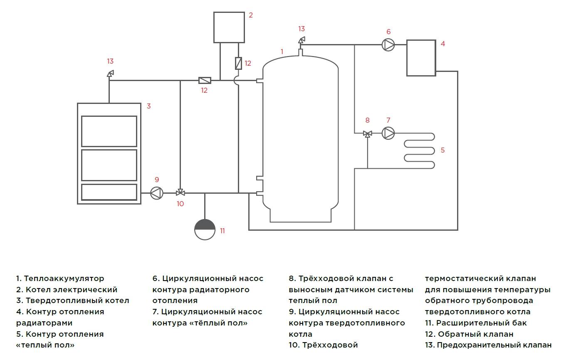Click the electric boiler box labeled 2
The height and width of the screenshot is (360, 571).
[x=229, y=27]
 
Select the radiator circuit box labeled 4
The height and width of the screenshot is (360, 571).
[x=421, y=58]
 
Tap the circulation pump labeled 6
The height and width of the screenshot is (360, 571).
[x=388, y=44]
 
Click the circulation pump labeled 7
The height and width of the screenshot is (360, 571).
[x=388, y=133]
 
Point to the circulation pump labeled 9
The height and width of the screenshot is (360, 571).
[x=156, y=193]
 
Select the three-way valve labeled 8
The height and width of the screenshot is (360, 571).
[x=368, y=133]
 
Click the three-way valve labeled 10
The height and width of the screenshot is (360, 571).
[x=180, y=192]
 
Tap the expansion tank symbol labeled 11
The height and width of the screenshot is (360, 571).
[x=205, y=229]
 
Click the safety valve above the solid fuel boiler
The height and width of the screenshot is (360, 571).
[x=110, y=74]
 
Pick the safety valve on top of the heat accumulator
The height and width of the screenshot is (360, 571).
[x=302, y=40]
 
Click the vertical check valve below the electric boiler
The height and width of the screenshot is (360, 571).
[x=239, y=63]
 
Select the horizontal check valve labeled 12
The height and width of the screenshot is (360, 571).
[x=205, y=80]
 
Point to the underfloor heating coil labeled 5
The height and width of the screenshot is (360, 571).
[x=419, y=150]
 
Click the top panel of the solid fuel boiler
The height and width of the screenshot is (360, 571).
[x=109, y=131]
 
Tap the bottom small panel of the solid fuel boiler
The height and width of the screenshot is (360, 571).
[x=109, y=192]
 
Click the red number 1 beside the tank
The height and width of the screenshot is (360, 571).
[x=282, y=52]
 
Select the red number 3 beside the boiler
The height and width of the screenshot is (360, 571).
[x=148, y=106]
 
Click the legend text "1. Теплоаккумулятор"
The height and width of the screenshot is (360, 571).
[x=60, y=279]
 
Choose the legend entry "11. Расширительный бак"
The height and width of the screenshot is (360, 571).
[x=476, y=323]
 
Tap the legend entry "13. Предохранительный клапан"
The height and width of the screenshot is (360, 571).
[x=488, y=345]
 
